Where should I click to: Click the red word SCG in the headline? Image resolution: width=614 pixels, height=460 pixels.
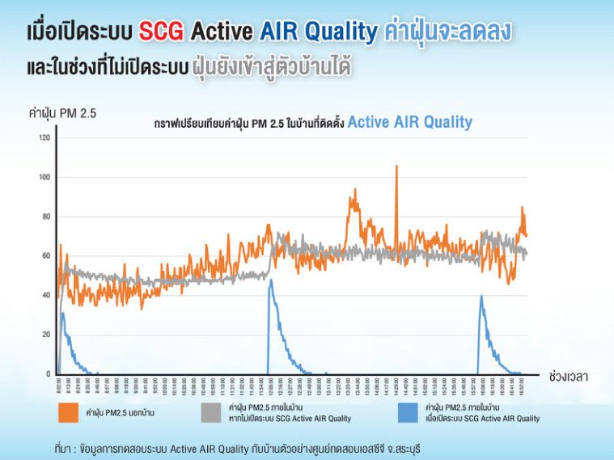tap(163, 32)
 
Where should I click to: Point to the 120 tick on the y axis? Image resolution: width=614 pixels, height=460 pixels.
tap(44, 138)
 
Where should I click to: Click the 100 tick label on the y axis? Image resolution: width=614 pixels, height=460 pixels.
tap(44, 178)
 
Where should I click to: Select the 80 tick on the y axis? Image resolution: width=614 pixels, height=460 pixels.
tap(45, 217)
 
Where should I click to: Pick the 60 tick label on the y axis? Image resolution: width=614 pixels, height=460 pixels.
tap(45, 256)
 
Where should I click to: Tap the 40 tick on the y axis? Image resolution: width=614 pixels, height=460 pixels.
tap(45, 295)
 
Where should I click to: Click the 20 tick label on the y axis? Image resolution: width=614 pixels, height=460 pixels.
tap(45, 335)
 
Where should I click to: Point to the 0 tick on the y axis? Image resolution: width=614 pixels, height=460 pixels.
tap(48, 373)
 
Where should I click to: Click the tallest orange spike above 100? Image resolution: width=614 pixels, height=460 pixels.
tap(396, 167)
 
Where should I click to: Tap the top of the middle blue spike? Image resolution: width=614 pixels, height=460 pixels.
tap(270, 281)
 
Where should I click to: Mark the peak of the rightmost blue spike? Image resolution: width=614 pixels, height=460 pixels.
tap(481, 296)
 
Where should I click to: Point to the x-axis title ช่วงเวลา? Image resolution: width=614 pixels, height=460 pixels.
tap(568, 377)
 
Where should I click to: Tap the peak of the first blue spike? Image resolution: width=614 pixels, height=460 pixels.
tap(62, 314)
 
